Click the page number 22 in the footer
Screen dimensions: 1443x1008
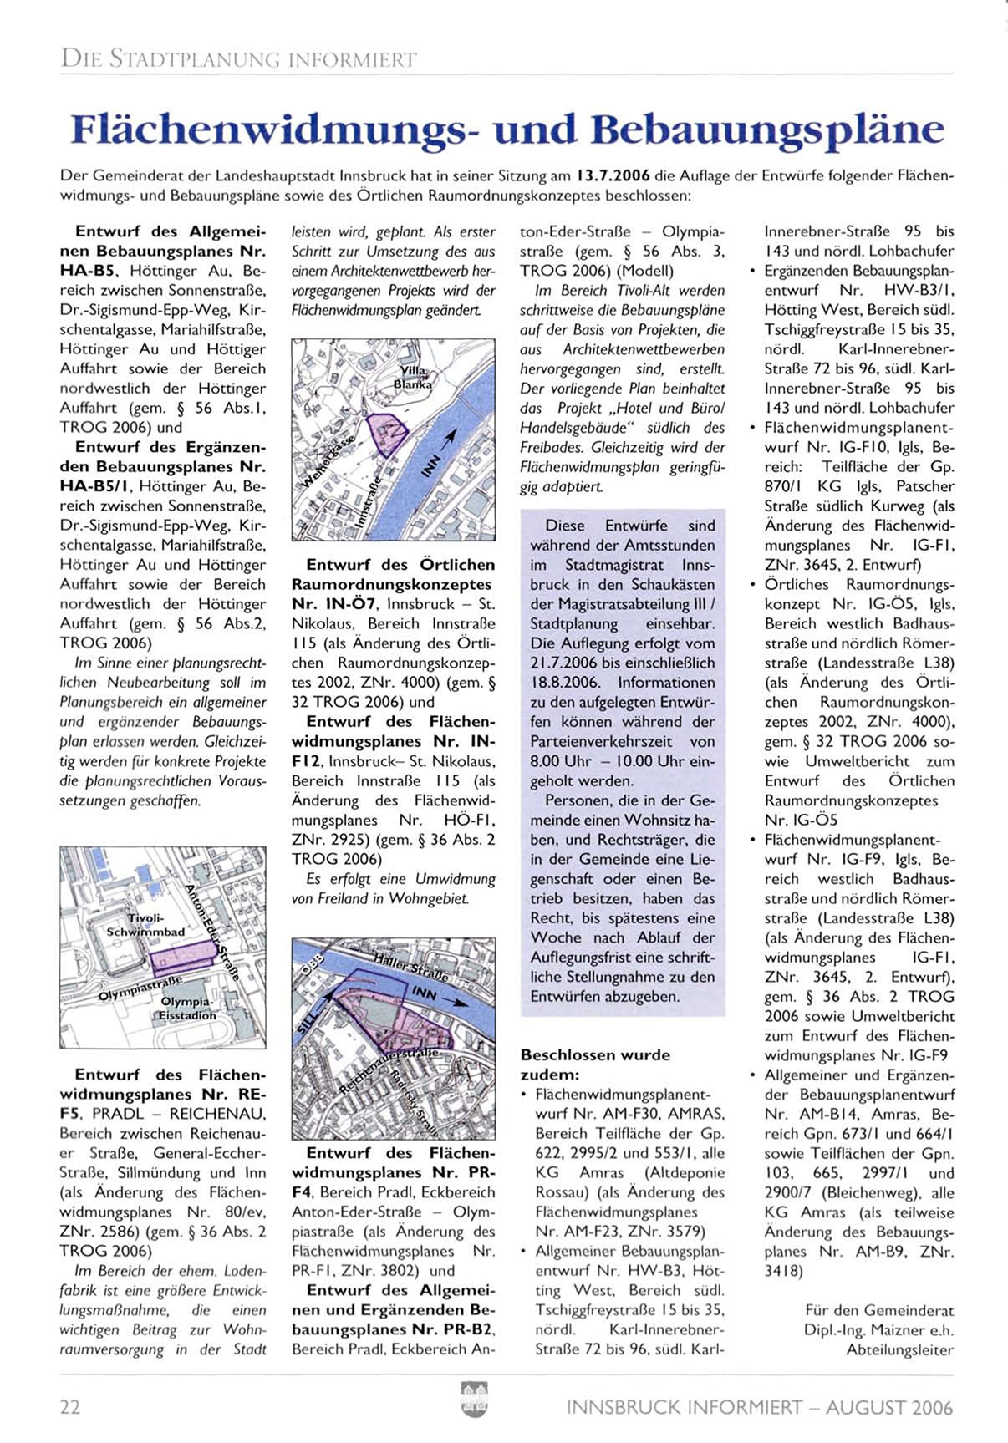(x=70, y=1408)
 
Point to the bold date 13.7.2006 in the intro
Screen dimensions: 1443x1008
(x=613, y=177)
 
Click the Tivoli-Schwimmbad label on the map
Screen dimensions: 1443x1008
(x=145, y=924)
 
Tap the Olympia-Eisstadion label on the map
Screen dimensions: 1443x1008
(x=188, y=1008)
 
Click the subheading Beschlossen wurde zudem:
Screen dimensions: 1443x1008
(x=595, y=1064)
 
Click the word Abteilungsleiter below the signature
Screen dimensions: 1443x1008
(x=899, y=1349)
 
